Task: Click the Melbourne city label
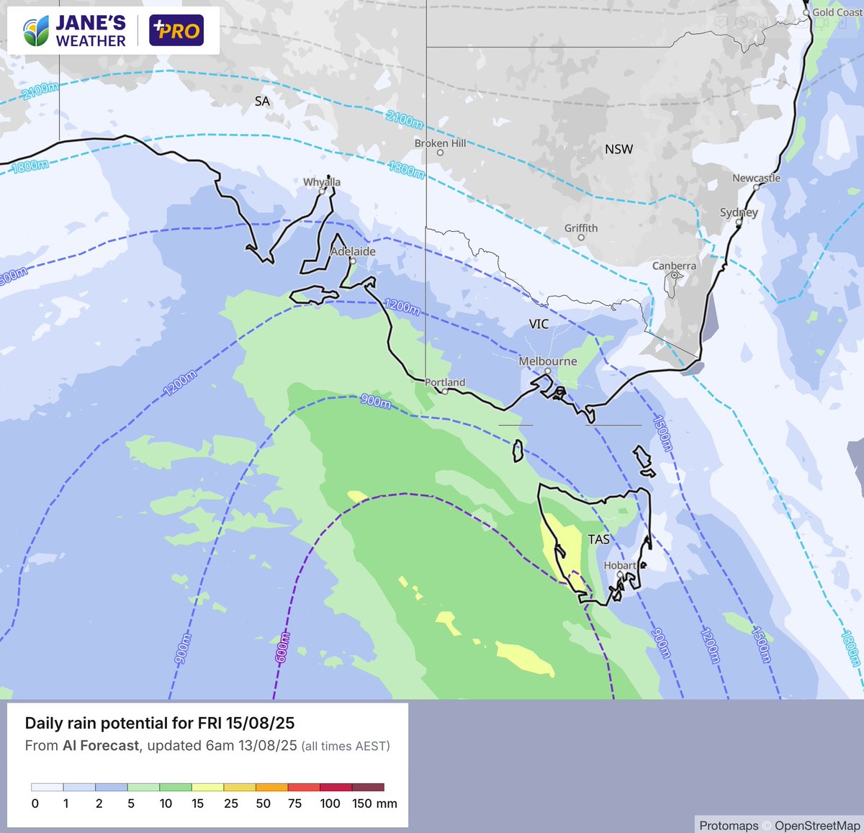coord(548,361)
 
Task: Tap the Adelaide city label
coord(353,251)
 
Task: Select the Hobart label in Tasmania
coord(620,565)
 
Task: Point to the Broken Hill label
coord(440,143)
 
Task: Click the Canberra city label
coord(674,266)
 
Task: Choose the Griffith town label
coord(581,228)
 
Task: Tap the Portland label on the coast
coord(445,382)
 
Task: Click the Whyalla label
coord(322,182)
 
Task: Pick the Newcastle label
coord(756,178)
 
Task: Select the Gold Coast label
coord(837,12)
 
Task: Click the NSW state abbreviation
coord(618,149)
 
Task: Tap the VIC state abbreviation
coord(539,324)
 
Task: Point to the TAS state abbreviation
coord(598,539)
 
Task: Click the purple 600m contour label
coord(283,647)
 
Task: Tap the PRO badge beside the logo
coord(176,31)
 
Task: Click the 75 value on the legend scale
coord(294,803)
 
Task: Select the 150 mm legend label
coord(374,803)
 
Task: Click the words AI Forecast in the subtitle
coord(101,746)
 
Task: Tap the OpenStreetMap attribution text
coord(817,826)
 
